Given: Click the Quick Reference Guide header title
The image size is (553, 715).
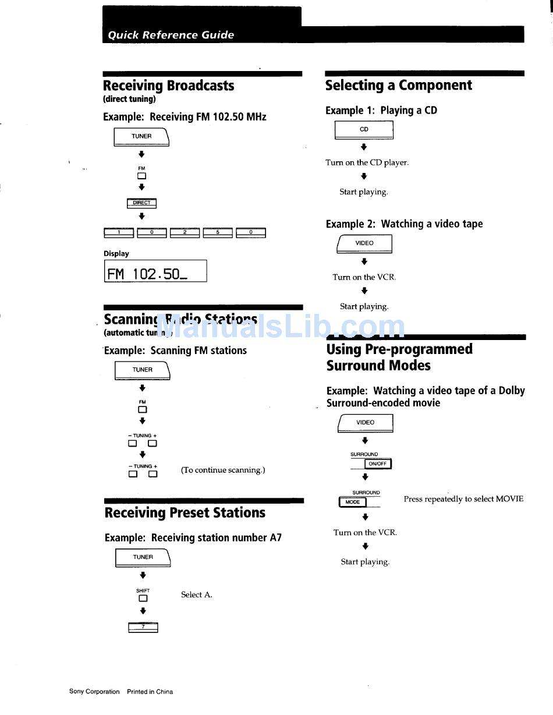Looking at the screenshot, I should click(171, 35).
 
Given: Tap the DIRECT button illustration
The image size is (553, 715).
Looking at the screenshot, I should click(141, 203).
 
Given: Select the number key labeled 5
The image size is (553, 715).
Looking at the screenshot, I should click(218, 233).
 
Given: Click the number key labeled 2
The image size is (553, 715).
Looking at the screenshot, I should click(185, 233).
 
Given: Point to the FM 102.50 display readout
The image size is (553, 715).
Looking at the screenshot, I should click(155, 271).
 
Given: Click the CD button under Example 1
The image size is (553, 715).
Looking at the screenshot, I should click(364, 130).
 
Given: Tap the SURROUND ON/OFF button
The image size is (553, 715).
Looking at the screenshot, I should click(377, 464).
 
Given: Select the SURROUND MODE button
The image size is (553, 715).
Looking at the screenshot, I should click(353, 502).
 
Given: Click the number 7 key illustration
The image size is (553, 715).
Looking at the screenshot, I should click(143, 627).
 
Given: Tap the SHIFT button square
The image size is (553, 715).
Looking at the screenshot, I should click(143, 599).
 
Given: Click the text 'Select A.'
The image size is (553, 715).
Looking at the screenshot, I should click(196, 594).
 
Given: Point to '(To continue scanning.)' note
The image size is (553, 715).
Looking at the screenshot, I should click(223, 470).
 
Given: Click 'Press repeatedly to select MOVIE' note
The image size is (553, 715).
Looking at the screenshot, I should click(463, 499).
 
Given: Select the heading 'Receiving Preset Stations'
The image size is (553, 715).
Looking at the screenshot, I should click(185, 513).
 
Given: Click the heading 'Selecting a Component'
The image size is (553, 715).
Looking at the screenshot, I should click(398, 86).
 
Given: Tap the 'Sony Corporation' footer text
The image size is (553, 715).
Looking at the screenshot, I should click(94, 692).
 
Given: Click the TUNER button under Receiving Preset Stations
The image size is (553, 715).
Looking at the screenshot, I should click(143, 557).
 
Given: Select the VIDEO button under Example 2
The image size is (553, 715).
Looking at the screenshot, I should click(364, 243).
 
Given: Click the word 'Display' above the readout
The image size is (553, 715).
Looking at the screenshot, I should click(116, 253).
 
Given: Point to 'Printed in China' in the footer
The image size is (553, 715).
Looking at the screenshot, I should click(150, 692).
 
